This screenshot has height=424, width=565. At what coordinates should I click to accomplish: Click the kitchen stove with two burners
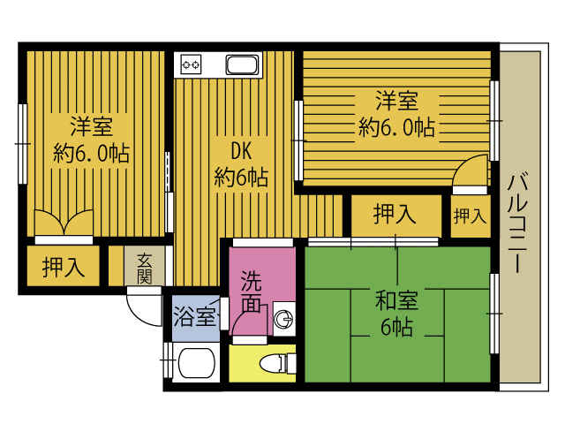pos(191,64)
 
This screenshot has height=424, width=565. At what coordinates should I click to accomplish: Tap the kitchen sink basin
pos(242,64)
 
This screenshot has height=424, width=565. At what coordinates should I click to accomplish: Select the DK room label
pos(241,151)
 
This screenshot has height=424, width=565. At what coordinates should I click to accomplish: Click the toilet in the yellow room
pos(278,363)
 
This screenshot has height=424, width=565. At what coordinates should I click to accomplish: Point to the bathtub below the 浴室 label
pos(196,363)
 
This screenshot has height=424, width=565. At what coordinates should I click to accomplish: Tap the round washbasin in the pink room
pos(284,319)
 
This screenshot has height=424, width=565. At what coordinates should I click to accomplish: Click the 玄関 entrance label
pos(144,269)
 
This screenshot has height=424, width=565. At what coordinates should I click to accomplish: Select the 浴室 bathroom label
pos(195,316)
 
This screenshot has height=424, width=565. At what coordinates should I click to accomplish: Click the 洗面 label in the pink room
pos(251,291)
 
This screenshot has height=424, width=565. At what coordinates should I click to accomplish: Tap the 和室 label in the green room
pos(396,300)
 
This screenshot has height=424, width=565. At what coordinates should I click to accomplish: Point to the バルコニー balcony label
pos(518,223)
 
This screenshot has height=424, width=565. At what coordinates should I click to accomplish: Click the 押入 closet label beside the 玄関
pos(64,267)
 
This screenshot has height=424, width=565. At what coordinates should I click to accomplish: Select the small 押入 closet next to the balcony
pos(471,216)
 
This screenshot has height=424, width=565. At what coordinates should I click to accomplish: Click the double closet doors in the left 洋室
pos(64,223)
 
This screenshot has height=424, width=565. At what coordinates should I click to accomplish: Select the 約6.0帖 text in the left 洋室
pos(91,153)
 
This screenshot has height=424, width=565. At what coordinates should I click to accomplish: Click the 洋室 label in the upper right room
pos(396,101)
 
